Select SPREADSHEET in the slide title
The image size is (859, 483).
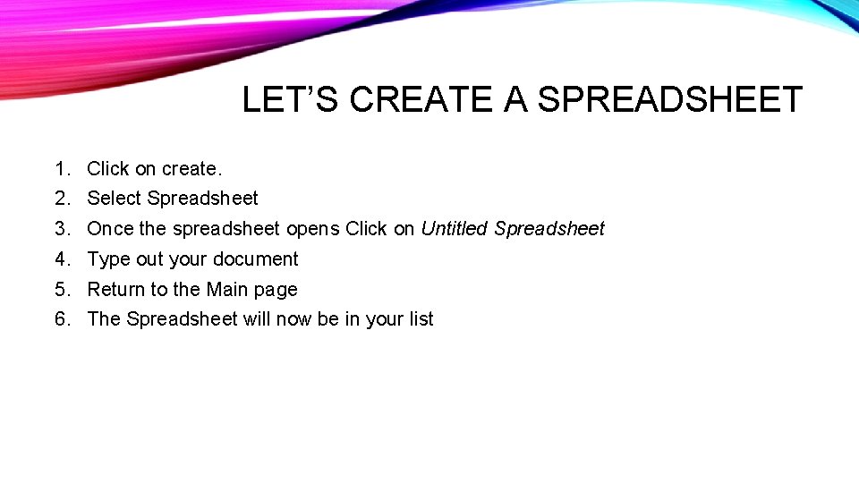[670, 99]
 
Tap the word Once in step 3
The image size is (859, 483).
[110, 229]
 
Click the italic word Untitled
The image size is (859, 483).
[455, 229]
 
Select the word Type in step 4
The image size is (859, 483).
[108, 259]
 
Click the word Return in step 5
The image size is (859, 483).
[115, 290]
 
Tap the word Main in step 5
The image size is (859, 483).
[226, 290]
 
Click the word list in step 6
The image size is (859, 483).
[421, 319]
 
